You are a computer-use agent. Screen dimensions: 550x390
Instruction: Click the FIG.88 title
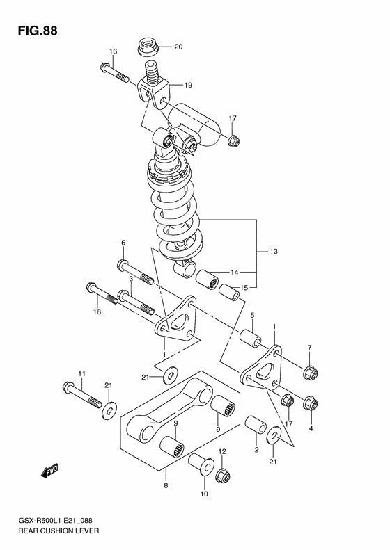pyautogui.click(x=33, y=30)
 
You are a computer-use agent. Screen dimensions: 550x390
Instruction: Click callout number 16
pyautogui.click(x=113, y=51)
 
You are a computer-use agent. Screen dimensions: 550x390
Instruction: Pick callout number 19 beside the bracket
pyautogui.click(x=189, y=85)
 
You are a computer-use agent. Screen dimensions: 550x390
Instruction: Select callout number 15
pyautogui.click(x=244, y=288)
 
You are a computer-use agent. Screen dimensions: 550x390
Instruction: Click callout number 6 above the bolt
pyautogui.click(x=123, y=243)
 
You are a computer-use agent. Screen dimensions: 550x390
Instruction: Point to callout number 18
pyautogui.click(x=98, y=314)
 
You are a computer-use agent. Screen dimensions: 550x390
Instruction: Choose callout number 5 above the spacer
pyautogui.click(x=252, y=314)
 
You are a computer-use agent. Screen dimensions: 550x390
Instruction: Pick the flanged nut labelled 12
pyautogui.click(x=223, y=476)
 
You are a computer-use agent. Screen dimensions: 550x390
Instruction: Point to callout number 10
pyautogui.click(x=204, y=494)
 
